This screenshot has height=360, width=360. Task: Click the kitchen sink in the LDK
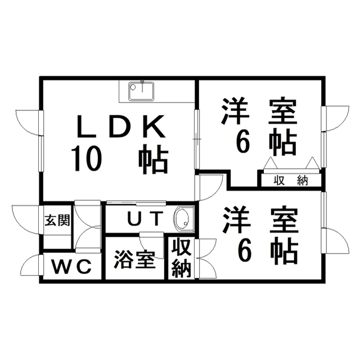(142, 90)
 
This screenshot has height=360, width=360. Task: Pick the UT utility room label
(145, 218)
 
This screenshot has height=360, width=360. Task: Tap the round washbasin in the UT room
(183, 219)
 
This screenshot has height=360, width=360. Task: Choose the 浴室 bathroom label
(134, 259)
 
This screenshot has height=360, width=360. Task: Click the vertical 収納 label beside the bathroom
(181, 258)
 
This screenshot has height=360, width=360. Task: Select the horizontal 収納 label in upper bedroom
(290, 181)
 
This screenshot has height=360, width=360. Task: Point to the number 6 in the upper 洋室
(242, 143)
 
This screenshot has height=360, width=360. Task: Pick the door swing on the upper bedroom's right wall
(336, 119)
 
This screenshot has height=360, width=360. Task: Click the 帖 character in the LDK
(154, 159)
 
